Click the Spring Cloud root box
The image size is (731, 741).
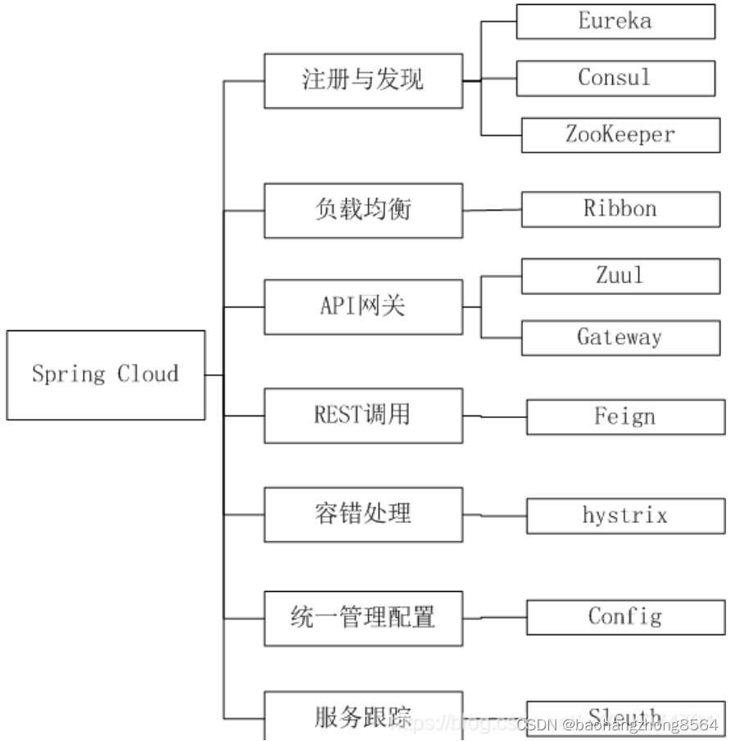point(106,375)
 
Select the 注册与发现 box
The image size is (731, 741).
point(363,80)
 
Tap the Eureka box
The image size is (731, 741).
point(615,21)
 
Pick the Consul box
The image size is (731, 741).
point(615,78)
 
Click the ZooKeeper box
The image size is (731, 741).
point(620,134)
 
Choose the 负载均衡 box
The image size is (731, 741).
point(363,211)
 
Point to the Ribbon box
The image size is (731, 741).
point(620,209)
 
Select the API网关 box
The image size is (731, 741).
point(363,307)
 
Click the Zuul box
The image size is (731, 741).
point(620,275)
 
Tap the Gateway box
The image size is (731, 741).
point(620,337)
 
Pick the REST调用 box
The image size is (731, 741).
point(363,416)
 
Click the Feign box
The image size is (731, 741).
point(625,416)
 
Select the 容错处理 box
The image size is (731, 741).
point(363,514)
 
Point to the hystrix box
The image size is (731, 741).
point(625,516)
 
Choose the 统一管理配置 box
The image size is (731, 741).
point(363,617)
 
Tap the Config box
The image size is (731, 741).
point(625,616)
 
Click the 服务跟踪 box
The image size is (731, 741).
point(363,716)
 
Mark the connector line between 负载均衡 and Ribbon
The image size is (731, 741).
point(492,210)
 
